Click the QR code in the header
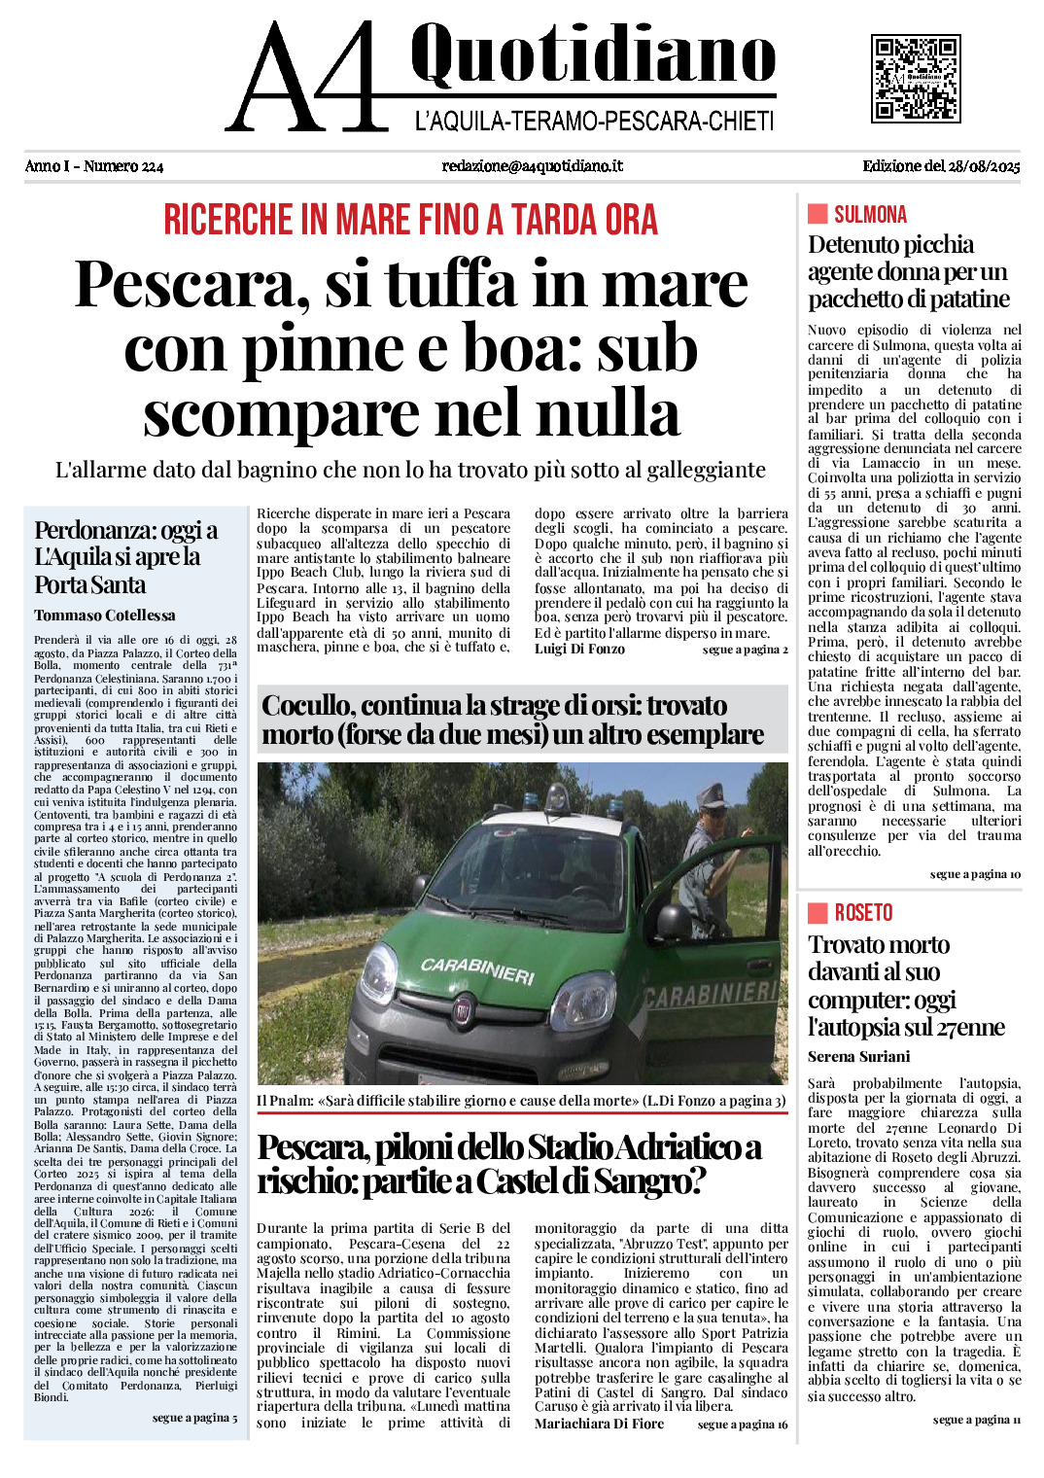916,79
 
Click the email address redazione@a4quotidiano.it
532,166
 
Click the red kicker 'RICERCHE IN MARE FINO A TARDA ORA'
410,220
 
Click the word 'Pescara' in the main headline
185,285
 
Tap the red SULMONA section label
870,214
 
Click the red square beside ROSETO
818,912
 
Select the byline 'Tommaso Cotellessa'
105,616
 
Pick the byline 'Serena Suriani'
858,1057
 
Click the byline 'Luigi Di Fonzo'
579,649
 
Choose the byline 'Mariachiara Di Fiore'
599,1424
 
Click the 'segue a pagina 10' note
975,874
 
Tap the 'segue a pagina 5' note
194,1418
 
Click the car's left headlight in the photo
379,973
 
